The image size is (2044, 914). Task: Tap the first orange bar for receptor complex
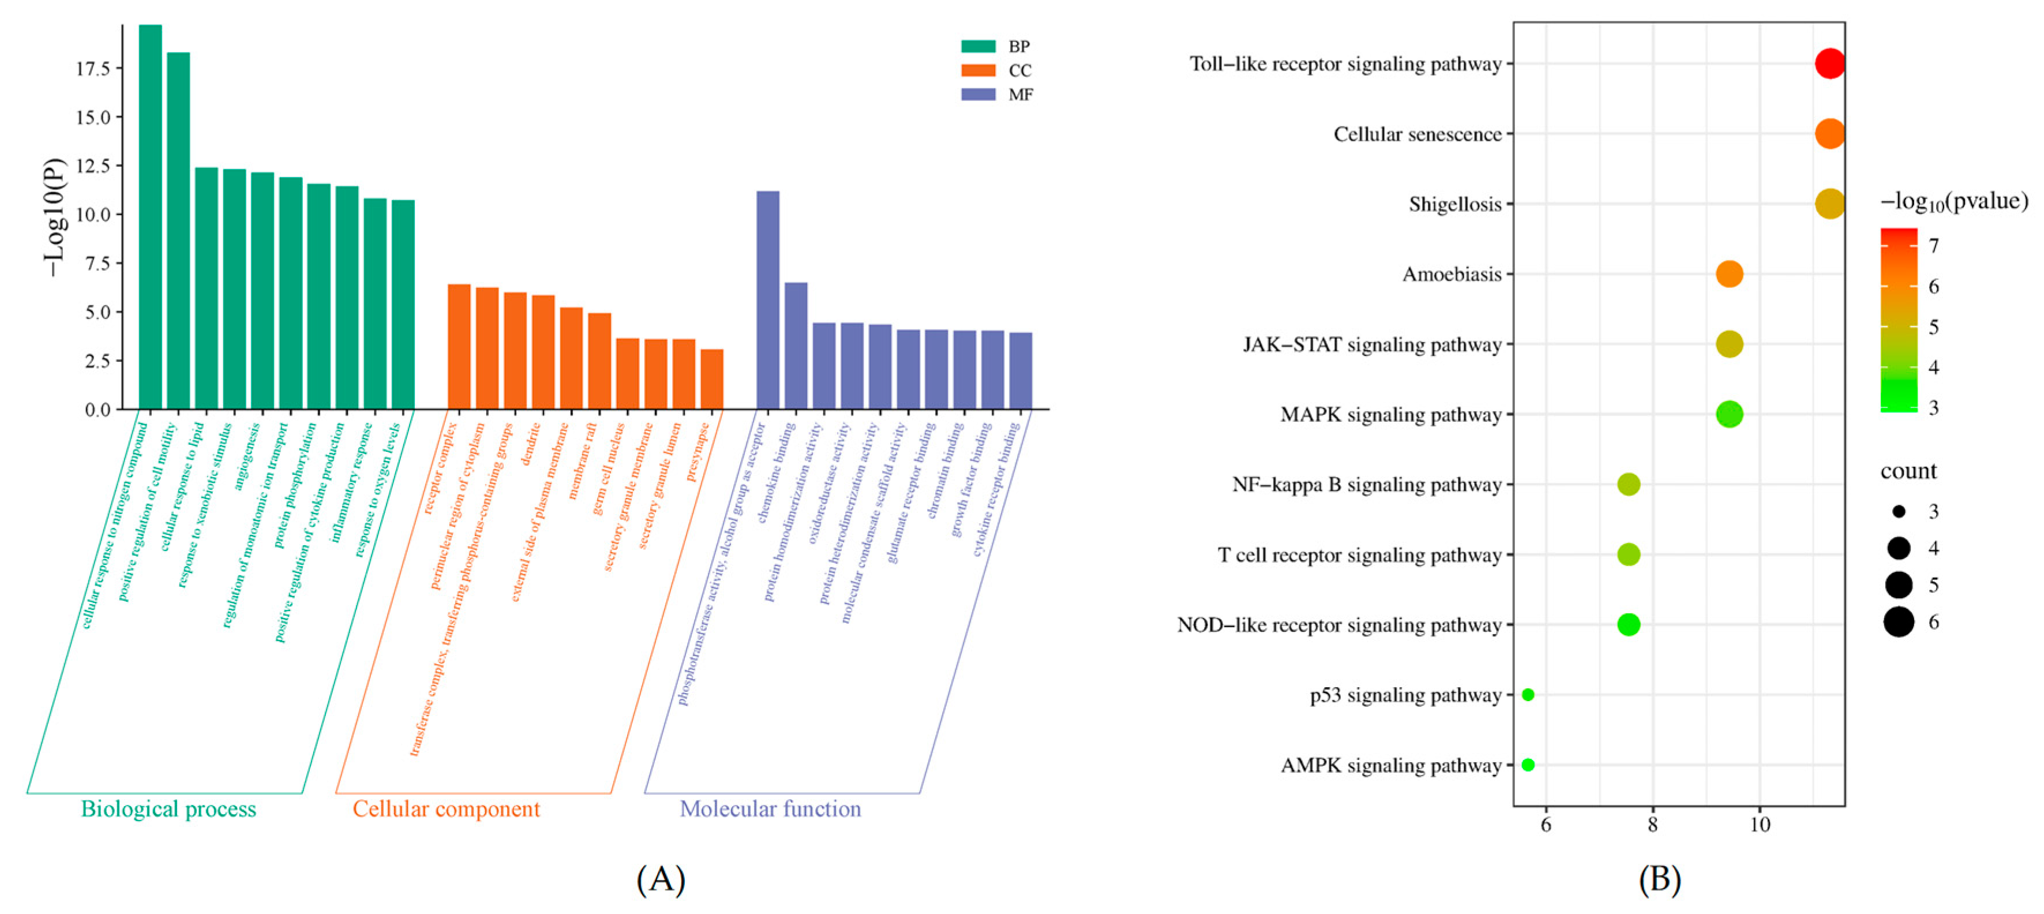click(x=459, y=347)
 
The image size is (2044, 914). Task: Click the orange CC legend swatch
click(x=977, y=70)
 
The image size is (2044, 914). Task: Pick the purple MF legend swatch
click(x=977, y=95)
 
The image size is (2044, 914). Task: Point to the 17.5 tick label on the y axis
click(x=92, y=69)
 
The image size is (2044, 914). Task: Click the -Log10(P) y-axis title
click(x=54, y=218)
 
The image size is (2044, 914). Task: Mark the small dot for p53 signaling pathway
click(x=1528, y=695)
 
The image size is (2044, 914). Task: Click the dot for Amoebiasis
click(x=1729, y=274)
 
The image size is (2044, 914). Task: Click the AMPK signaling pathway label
click(x=1390, y=766)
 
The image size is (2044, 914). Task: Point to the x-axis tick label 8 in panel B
click(x=1652, y=825)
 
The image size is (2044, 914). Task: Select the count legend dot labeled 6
click(x=1899, y=622)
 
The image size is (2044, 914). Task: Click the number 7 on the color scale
click(x=1934, y=246)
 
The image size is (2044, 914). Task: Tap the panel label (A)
click(x=660, y=879)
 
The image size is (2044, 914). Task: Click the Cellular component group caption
click(x=446, y=809)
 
